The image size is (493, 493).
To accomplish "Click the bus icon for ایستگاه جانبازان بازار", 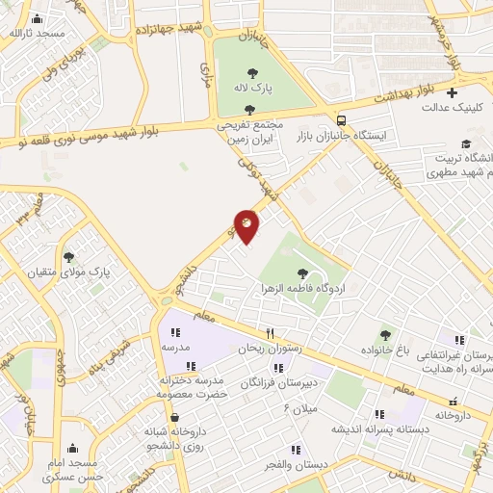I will pyautogui.click(x=342, y=119).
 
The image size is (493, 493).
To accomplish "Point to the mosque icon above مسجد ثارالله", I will pyautogui.click(x=37, y=18).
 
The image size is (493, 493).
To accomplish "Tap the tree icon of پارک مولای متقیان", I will pyautogui.click(x=68, y=256).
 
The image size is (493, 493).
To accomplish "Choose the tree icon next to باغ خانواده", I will pyautogui.click(x=386, y=335).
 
